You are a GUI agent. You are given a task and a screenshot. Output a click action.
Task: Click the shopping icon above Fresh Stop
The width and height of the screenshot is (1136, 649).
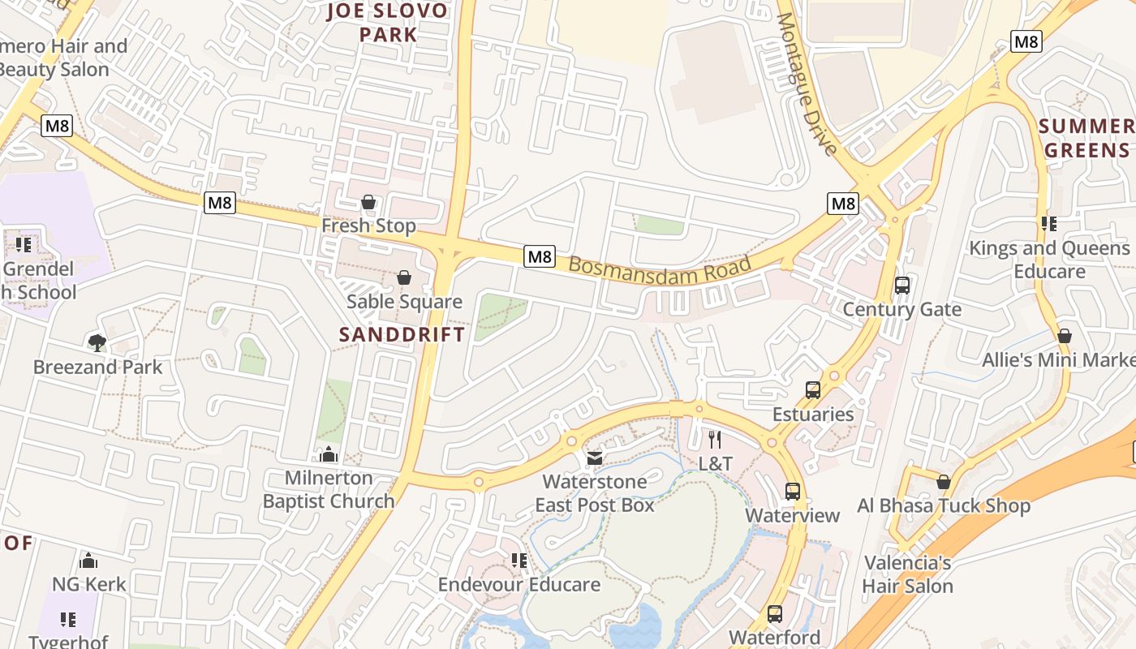pyautogui.click(x=368, y=202)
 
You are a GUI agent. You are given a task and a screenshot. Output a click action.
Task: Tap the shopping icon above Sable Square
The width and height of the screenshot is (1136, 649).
pyautogui.click(x=403, y=278)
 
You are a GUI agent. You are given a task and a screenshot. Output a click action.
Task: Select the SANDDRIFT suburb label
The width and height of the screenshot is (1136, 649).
pyautogui.click(x=402, y=334)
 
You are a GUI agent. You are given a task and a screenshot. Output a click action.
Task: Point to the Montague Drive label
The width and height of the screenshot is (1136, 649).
pyautogui.click(x=807, y=84)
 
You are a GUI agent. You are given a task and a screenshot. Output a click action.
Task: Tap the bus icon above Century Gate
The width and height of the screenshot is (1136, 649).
pyautogui.click(x=901, y=286)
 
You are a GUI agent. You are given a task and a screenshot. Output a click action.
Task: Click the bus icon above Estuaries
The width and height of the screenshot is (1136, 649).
pyautogui.click(x=813, y=390)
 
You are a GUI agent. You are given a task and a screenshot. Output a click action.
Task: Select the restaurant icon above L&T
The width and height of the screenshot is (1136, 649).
pyautogui.click(x=715, y=440)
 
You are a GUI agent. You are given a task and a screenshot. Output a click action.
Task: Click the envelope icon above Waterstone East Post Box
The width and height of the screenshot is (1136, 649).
pyautogui.click(x=595, y=458)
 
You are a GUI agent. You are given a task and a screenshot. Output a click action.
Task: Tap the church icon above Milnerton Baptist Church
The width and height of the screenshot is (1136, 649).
pyautogui.click(x=329, y=454)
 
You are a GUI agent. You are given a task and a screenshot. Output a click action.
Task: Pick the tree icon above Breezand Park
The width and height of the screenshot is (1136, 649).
pyautogui.click(x=97, y=343)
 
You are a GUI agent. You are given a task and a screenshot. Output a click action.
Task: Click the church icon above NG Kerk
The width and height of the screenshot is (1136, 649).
pyautogui.click(x=88, y=561)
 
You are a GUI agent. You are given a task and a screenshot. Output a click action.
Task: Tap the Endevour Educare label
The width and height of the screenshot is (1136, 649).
pyautogui.click(x=519, y=585)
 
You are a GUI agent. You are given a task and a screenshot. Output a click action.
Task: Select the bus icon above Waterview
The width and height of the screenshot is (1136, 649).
pyautogui.click(x=793, y=492)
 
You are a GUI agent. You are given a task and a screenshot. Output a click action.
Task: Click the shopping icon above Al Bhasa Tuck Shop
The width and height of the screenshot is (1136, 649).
pyautogui.click(x=943, y=483)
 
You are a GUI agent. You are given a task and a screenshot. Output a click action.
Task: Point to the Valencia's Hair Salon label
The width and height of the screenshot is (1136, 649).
pyautogui.click(x=907, y=574)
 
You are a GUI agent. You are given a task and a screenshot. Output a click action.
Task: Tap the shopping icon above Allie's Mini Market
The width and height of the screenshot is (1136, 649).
pyautogui.click(x=1065, y=336)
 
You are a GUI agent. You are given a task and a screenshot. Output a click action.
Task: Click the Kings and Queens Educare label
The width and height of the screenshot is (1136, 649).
pyautogui.click(x=1049, y=260)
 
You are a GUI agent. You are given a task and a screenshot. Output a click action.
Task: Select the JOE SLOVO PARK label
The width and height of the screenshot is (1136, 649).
pyautogui.click(x=387, y=23)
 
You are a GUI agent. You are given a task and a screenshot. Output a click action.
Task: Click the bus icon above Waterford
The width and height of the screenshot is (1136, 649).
pyautogui.click(x=775, y=614)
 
